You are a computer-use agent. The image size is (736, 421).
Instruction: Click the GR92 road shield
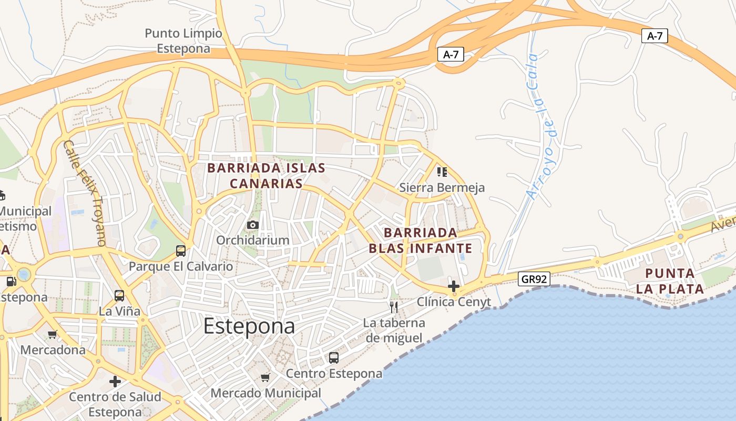(534, 279)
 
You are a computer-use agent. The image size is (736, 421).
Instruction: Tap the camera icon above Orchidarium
(253, 225)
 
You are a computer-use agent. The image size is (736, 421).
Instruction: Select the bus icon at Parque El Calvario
(181, 251)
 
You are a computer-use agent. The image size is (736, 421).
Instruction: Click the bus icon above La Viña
(119, 296)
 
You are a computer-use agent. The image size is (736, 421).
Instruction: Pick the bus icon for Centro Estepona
(333, 358)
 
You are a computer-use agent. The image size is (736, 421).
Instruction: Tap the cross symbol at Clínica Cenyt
(454, 286)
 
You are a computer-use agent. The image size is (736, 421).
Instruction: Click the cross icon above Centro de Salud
(115, 382)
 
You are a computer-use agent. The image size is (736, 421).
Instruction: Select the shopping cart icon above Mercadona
(52, 335)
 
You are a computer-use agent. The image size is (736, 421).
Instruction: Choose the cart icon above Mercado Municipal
(265, 377)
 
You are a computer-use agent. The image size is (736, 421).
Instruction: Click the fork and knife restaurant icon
(394, 307)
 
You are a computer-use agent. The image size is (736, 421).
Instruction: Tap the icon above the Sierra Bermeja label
(442, 172)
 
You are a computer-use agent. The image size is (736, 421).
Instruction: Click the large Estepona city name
(249, 326)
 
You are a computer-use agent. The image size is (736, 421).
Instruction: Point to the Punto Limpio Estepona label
(183, 41)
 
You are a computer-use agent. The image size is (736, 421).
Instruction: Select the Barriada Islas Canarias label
(267, 176)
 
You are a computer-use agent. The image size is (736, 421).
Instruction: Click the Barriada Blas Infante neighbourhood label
(420, 240)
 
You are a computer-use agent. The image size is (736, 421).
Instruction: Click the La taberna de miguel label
(394, 330)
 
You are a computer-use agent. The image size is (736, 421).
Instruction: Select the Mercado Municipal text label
(265, 393)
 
